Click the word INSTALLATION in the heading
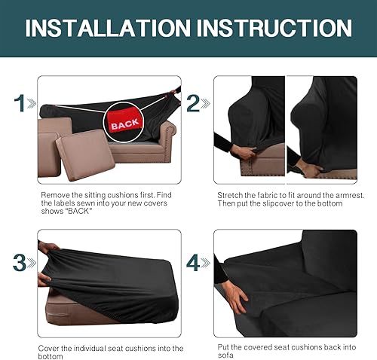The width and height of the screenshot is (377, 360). [x=105, y=29]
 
